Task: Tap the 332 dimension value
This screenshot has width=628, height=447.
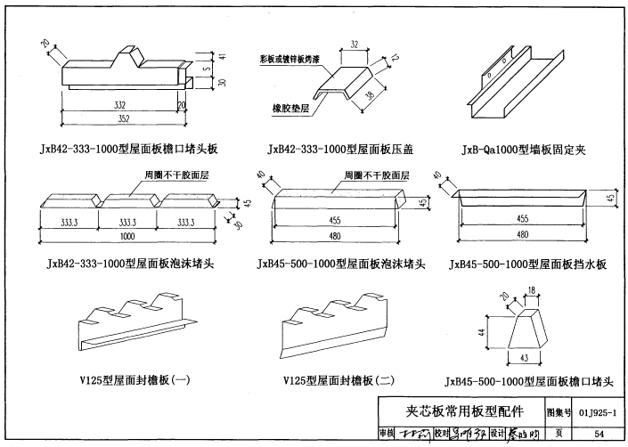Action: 120,104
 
